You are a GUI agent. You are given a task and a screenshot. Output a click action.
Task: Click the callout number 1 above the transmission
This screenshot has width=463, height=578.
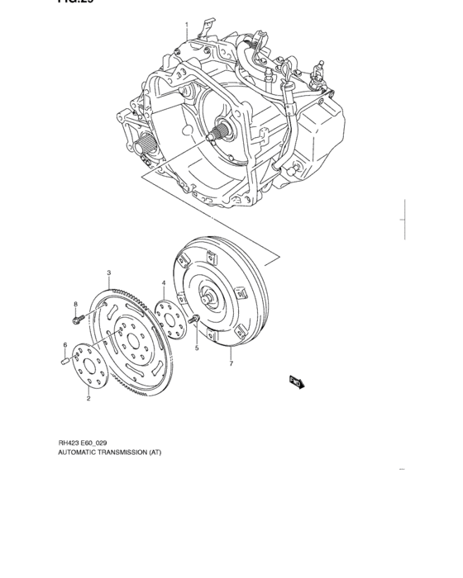click(x=187, y=24)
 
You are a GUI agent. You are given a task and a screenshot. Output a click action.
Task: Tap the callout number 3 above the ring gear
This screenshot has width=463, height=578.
click(x=108, y=272)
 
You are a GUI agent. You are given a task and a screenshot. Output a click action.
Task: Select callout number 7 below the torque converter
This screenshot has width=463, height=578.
click(x=231, y=362)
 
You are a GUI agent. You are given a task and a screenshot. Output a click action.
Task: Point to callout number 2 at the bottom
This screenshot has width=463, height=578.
click(x=88, y=398)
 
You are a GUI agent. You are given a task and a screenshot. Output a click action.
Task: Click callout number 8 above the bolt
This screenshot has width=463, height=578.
click(x=74, y=304)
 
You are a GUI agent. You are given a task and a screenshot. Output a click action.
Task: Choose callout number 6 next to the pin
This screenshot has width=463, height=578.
click(x=64, y=344)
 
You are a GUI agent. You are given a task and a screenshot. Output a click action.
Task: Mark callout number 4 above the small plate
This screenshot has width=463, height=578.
click(x=164, y=282)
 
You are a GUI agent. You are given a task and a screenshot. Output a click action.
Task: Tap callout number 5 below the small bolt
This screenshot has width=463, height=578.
click(x=197, y=348)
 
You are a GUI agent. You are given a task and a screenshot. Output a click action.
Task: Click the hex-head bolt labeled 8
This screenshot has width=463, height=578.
click(x=77, y=318)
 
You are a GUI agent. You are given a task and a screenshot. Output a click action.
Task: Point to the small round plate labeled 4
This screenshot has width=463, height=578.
click(x=170, y=318)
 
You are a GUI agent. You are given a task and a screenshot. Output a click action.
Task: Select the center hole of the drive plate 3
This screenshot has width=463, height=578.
click(x=130, y=340)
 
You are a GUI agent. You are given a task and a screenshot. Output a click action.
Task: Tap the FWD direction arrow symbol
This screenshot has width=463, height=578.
click(x=296, y=380)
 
